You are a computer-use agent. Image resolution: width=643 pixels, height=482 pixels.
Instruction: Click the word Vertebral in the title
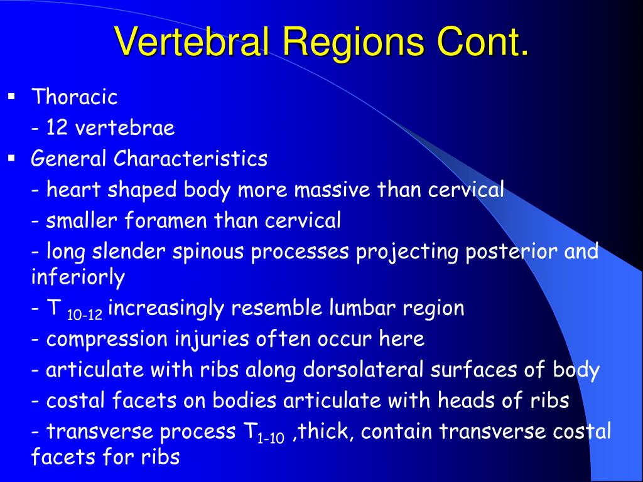[x=192, y=41]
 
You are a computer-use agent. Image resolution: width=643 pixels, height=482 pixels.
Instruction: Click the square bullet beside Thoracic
[x=11, y=97]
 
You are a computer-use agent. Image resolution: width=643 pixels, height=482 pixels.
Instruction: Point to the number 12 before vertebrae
[x=57, y=127]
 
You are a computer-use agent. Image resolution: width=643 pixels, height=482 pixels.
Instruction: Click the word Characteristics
[x=190, y=158]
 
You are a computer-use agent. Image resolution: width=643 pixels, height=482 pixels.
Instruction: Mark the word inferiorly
[x=78, y=277]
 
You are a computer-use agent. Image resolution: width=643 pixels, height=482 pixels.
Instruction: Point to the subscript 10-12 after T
[x=85, y=315]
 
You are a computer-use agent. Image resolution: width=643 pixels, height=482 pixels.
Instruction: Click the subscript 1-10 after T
[x=271, y=438]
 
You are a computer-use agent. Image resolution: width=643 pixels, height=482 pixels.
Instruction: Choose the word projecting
[x=407, y=252]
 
